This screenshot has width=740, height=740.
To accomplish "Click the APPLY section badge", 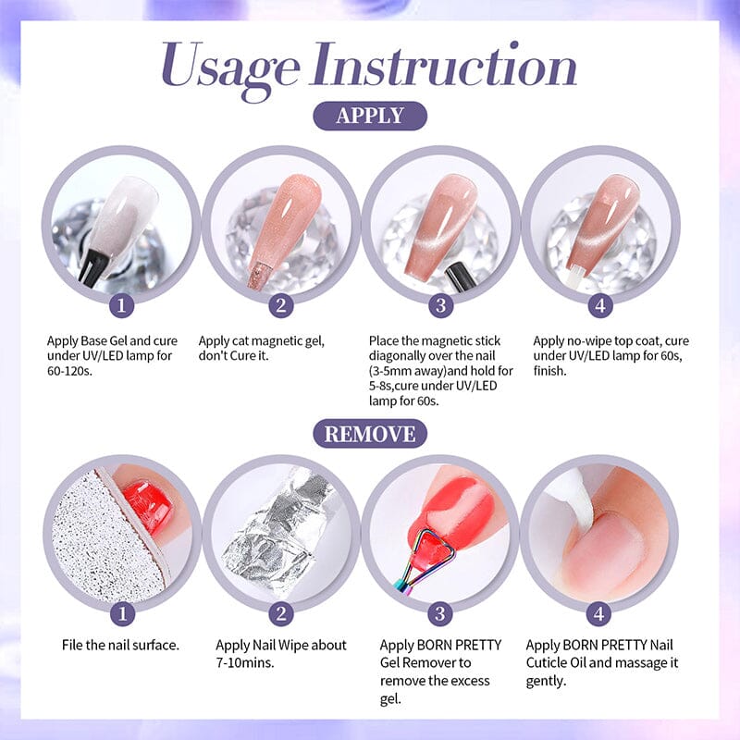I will [370, 116].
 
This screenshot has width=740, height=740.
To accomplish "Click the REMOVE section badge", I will [370, 433].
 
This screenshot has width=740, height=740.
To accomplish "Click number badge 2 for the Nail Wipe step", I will [281, 614].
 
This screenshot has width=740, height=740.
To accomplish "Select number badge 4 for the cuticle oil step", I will [600, 614].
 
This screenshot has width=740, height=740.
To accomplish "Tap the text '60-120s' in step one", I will [72, 371].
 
